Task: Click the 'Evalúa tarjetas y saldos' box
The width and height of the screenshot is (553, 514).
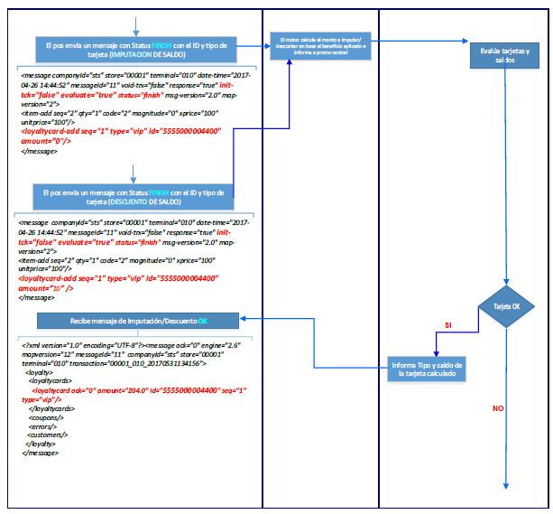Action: point(505,59)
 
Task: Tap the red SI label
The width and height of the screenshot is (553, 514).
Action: point(448,324)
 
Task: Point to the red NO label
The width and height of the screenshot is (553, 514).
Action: point(497,408)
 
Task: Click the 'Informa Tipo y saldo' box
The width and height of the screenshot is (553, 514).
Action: point(429,369)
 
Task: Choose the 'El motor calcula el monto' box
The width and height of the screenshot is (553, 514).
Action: point(320,44)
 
